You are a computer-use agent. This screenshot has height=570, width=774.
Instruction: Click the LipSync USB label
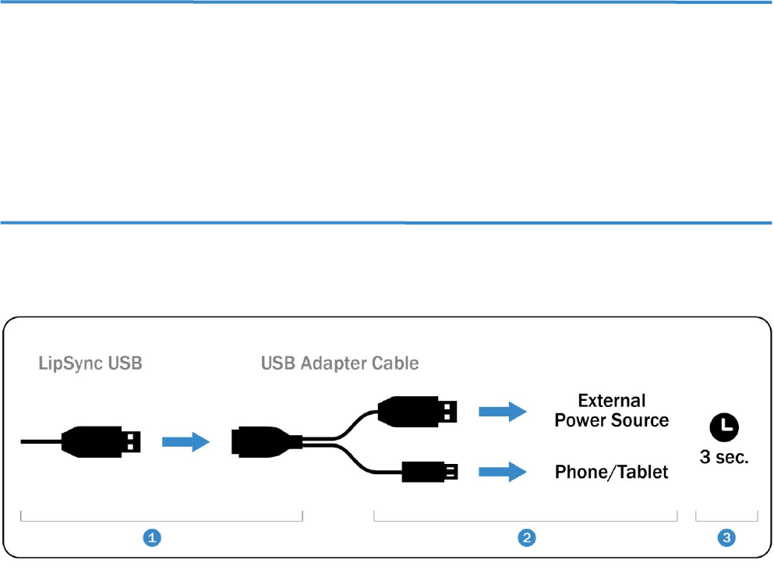tap(90, 363)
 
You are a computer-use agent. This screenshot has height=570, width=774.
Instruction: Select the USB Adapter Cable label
tap(341, 363)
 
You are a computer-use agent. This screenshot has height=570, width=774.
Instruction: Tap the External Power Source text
tap(612, 410)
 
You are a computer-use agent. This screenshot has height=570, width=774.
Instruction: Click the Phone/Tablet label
tap(612, 472)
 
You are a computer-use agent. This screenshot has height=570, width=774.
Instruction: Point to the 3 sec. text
tap(724, 457)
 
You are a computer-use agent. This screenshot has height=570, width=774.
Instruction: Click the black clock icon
tap(724, 426)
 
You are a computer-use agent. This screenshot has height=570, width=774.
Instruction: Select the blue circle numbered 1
tap(154, 537)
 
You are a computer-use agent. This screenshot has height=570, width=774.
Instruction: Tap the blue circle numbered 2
tap(528, 537)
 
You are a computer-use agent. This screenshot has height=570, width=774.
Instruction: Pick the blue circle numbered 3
tap(726, 537)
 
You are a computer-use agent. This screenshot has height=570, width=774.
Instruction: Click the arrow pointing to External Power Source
tap(503, 411)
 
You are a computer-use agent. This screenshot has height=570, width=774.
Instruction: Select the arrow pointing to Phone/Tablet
tap(503, 471)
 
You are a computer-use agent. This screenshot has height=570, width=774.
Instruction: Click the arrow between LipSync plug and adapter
tap(186, 442)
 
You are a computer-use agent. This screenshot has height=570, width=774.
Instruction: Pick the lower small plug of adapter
tap(428, 471)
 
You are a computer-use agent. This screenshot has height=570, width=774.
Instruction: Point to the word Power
tap(581, 420)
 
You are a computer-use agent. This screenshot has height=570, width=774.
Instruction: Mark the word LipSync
tap(72, 363)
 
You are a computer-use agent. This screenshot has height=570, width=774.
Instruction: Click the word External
tap(612, 401)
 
